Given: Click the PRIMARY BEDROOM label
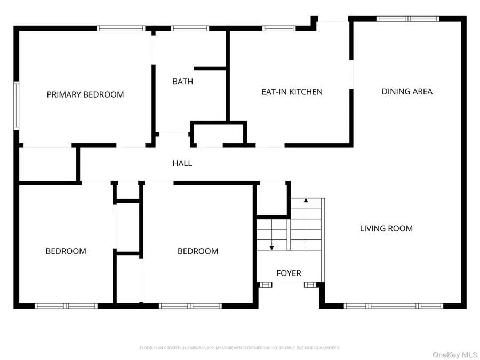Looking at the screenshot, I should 85,94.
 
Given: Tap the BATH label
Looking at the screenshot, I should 182,82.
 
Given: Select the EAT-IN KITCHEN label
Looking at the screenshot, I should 292,92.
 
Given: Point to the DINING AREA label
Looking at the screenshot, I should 407,91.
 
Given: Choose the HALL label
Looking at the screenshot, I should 182,163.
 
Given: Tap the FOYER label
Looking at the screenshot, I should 289,273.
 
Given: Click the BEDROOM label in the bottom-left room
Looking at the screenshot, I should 66,251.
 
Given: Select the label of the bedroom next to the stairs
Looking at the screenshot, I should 198,251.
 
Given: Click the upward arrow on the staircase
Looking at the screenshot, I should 306,202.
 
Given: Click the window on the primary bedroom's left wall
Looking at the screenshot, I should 17,105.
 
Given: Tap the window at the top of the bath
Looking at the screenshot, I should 190,28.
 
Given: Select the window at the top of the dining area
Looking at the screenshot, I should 408,19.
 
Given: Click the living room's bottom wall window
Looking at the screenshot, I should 394,306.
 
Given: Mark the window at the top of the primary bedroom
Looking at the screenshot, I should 121,28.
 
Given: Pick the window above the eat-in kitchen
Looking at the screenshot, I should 279,28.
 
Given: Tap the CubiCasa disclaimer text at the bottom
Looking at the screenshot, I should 239,348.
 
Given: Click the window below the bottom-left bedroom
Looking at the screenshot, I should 66,306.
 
